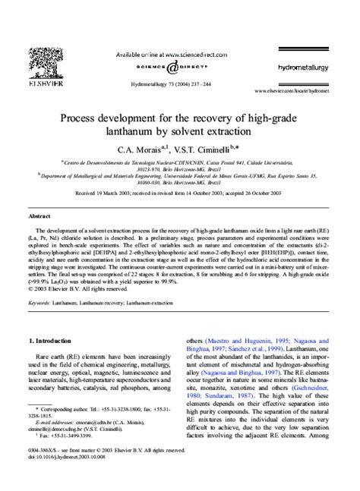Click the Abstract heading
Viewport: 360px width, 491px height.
[39, 216]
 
